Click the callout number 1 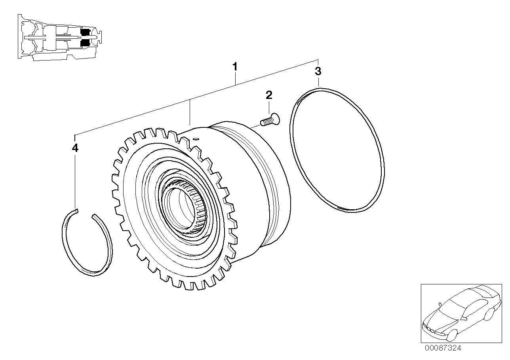point(235,66)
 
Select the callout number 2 point(269,95)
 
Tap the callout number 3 point(318,72)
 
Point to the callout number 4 point(75,148)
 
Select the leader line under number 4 point(75,178)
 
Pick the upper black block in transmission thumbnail point(86,31)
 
